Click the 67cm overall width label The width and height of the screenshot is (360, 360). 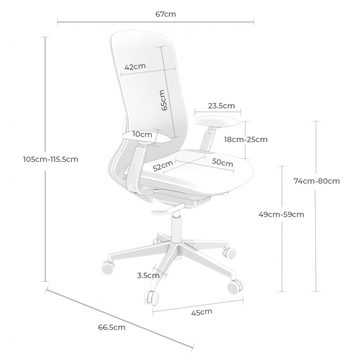coord(166,14)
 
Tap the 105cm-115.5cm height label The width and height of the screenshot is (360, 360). coord(50,159)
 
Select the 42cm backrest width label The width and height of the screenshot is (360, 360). coord(135,67)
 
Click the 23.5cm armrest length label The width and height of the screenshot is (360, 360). coord(221,106)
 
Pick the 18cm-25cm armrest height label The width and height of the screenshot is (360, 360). coord(246,139)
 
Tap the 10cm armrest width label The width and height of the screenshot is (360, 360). coord(142,134)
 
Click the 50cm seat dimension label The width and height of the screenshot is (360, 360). coord(222,162)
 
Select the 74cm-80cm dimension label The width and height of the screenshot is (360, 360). coord(317,181)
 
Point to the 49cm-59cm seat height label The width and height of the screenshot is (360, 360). coord(281,215)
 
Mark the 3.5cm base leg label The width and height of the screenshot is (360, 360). coord(148,275)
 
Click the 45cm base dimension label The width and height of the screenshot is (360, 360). coord(202,312)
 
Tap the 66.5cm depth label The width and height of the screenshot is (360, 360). coord(112,327)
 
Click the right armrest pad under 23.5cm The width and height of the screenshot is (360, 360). coord(217,122)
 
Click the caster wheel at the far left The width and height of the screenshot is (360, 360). coord(108,267)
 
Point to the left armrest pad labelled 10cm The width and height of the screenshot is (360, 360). coord(148,139)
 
